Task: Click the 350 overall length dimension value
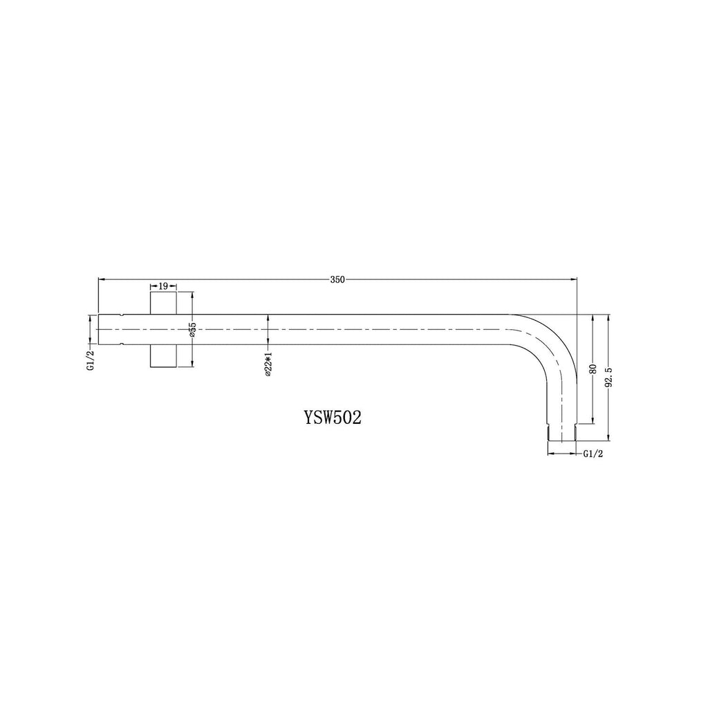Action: (337, 279)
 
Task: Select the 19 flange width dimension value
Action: (163, 285)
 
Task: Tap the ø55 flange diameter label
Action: (193, 329)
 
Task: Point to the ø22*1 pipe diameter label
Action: (268, 362)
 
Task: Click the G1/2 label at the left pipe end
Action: (90, 360)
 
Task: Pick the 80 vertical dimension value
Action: (593, 368)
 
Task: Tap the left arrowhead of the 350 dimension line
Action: (102, 279)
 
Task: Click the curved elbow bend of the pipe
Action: (553, 339)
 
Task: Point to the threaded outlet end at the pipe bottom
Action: (561, 433)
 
